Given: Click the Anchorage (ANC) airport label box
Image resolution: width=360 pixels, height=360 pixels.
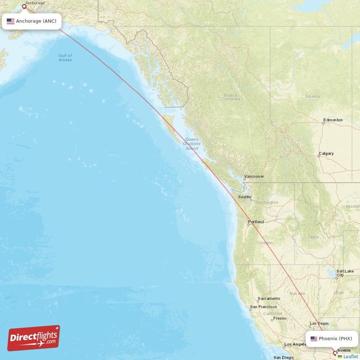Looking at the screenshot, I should [x=31, y=21].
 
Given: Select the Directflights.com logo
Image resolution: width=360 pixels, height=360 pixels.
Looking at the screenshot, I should [x=34, y=338].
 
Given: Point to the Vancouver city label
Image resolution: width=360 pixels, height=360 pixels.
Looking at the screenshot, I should [x=254, y=176].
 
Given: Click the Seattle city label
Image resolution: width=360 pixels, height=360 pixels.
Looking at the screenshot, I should [x=245, y=197].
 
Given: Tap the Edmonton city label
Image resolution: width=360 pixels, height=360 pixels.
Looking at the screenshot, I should [x=333, y=120].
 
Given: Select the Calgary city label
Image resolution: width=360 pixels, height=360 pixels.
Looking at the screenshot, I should [x=326, y=153].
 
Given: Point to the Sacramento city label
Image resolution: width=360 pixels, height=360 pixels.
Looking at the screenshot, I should [x=269, y=298].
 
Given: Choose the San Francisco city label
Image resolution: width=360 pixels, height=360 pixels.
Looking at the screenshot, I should [x=264, y=307].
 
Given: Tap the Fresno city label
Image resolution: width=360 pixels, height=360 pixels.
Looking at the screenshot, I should [x=279, y=319].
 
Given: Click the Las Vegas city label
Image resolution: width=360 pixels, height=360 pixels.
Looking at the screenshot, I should [x=319, y=323].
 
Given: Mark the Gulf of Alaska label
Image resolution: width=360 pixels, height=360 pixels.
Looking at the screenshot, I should [x=65, y=58].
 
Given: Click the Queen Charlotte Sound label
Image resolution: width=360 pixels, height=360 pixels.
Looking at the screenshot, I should [x=192, y=144].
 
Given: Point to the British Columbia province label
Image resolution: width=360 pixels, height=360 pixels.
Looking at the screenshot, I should [x=230, y=97].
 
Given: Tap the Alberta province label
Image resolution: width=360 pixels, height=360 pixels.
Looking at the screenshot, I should [x=312, y=96].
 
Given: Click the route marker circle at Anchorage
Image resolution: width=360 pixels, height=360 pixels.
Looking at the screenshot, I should [x=24, y=7].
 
